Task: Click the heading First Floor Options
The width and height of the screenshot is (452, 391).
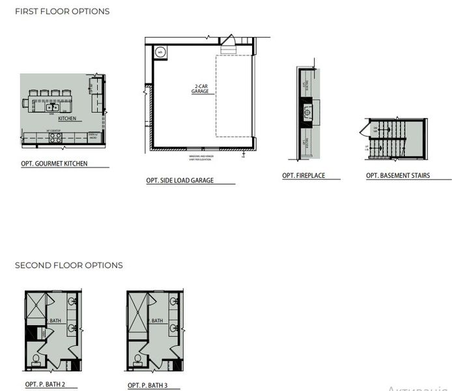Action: click(x=63, y=12)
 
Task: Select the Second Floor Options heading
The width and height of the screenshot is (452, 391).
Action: click(x=69, y=265)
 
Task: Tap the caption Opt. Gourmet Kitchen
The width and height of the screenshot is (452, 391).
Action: click(x=55, y=164)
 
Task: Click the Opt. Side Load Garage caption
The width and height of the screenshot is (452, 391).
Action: click(x=180, y=181)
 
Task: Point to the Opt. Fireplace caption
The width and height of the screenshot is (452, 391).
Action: click(x=304, y=176)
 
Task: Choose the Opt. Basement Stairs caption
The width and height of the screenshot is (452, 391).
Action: click(x=398, y=176)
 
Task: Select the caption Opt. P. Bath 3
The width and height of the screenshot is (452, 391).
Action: click(x=148, y=385)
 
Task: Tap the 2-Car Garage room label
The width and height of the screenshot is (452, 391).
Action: click(x=200, y=89)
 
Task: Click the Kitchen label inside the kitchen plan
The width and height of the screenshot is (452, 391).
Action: click(x=68, y=119)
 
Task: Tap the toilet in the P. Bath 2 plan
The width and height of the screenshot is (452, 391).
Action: click(x=36, y=360)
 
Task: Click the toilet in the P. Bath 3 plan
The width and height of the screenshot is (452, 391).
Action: click(x=138, y=360)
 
